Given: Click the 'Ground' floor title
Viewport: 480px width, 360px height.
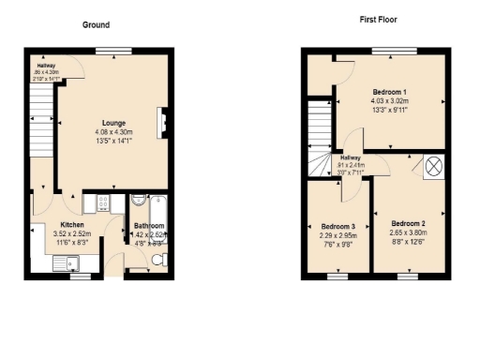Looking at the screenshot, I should (95, 24).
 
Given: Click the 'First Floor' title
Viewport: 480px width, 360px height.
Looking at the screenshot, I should (380, 19).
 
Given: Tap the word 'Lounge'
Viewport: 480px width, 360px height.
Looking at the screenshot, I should (115, 123).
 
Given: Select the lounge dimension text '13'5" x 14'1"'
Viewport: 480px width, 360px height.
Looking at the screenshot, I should (115, 143).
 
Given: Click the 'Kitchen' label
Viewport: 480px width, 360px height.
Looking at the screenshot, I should (73, 226).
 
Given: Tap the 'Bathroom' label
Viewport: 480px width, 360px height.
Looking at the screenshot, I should (149, 226).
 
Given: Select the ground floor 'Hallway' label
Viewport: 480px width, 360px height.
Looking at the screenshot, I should (45, 66).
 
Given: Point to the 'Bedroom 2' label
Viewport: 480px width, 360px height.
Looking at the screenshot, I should (409, 222).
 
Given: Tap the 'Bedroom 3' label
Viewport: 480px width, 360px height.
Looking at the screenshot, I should (337, 227).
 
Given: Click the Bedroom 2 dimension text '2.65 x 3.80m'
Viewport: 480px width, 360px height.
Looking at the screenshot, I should (409, 232).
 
